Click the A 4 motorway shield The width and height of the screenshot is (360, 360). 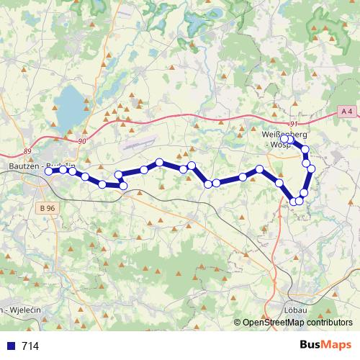point(347,110)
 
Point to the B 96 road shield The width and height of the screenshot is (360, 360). point(48,208)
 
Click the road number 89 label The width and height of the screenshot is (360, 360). point(27,150)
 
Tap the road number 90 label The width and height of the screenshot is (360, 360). point(81,140)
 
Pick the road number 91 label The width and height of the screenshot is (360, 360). point(293,124)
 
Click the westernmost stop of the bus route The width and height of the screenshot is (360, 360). point(49,171)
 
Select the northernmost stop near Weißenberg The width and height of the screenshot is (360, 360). point(286,138)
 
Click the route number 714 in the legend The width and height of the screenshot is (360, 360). point(30,346)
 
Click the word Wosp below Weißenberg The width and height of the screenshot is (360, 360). point(281,145)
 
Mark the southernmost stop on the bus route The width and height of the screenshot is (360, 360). point(294,201)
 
